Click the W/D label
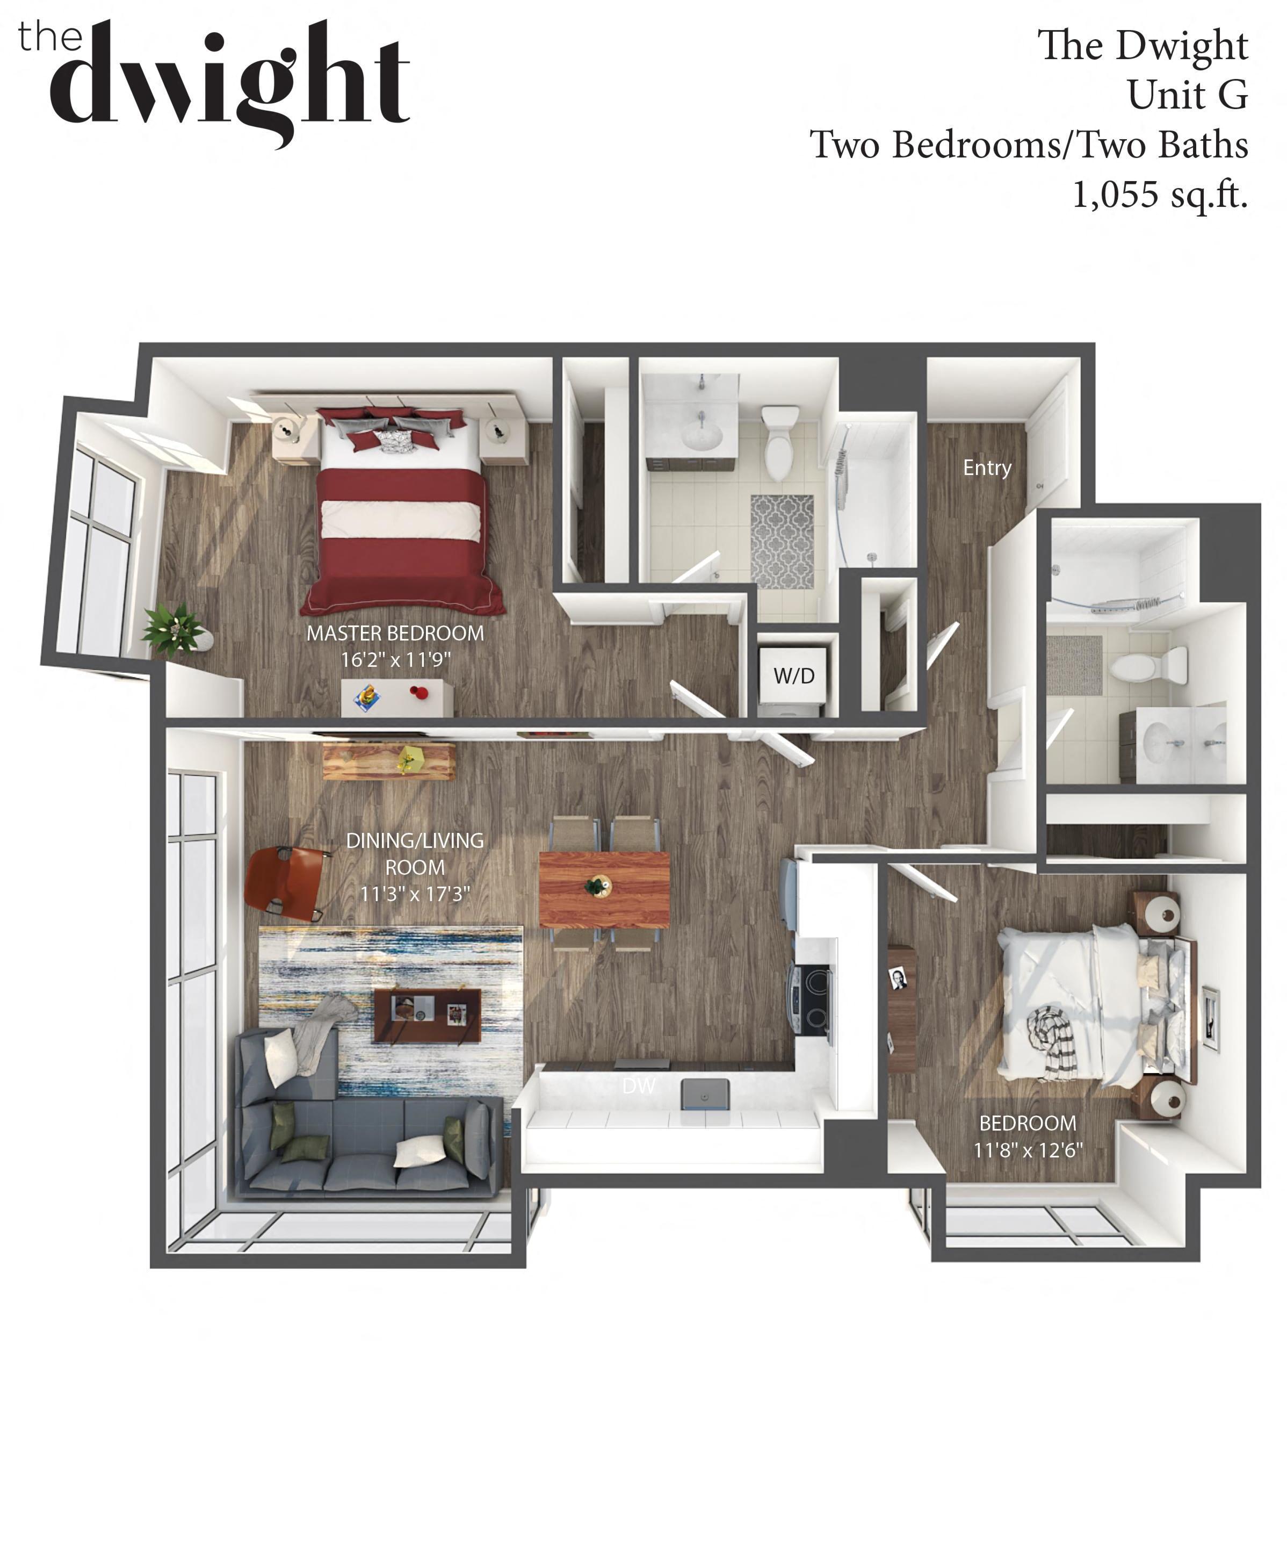click(x=794, y=675)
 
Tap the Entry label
click(x=987, y=467)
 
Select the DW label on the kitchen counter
click(x=638, y=1085)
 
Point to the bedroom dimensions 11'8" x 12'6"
click(x=1028, y=1150)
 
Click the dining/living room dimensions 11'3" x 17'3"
click(x=415, y=893)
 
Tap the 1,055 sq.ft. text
click(x=1160, y=195)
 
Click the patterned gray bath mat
click(x=782, y=542)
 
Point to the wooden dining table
click(x=604, y=889)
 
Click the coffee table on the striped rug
click(x=428, y=1015)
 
